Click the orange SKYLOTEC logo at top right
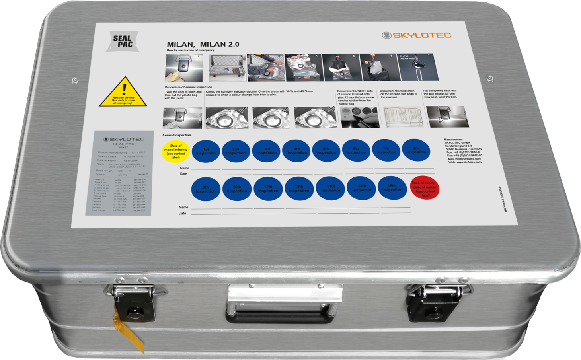coord(417,35)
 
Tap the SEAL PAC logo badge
coord(122,41)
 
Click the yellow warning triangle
coord(123,92)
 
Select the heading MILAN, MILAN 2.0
coord(203,44)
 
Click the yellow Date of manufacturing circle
coord(175,151)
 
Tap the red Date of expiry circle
coord(425,187)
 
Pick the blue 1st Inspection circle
coord(206,151)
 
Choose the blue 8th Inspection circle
coord(416,150)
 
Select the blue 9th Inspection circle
coord(205,189)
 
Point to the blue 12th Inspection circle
coord(299,189)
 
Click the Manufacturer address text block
coord(463,151)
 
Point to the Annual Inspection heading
coord(176,135)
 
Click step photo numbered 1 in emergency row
coord(184,68)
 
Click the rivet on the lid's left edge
coord(74,80)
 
